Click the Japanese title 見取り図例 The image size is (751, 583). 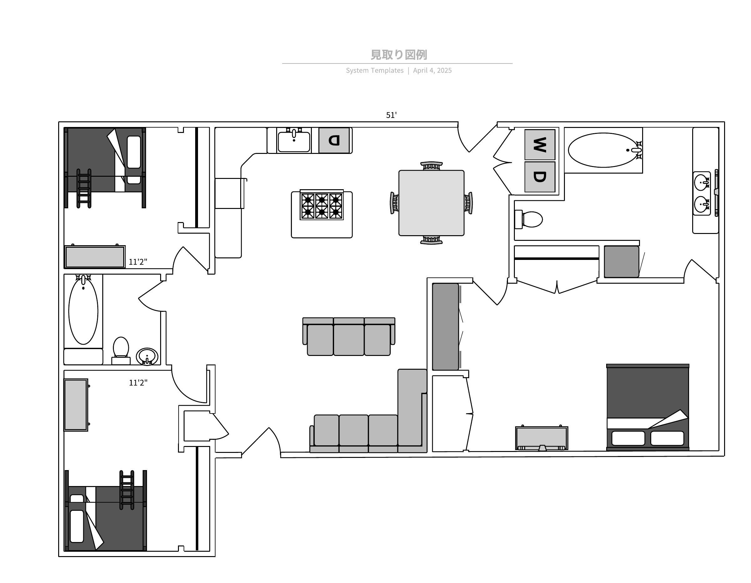tap(398, 55)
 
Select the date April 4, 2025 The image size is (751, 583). tap(432, 70)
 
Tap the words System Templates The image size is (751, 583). tap(374, 70)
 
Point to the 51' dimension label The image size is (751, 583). tap(391, 115)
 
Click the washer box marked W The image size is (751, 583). tap(540, 145)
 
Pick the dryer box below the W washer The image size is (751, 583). tap(540, 177)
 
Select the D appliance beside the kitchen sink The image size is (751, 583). tap(334, 140)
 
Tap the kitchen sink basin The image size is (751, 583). tap(294, 141)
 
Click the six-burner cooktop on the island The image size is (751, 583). tap(322, 205)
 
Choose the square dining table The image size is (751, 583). tap(431, 203)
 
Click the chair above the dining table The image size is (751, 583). tap(431, 166)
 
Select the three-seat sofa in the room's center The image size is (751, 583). tap(349, 336)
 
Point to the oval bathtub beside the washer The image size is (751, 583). tap(603, 150)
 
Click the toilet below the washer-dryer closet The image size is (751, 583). tap(529, 219)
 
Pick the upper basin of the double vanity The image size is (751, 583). tap(702, 183)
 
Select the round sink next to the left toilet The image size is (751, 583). tap(147, 357)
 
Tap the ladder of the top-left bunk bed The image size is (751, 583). tap(84, 188)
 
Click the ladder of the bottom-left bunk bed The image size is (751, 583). tap(127, 490)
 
